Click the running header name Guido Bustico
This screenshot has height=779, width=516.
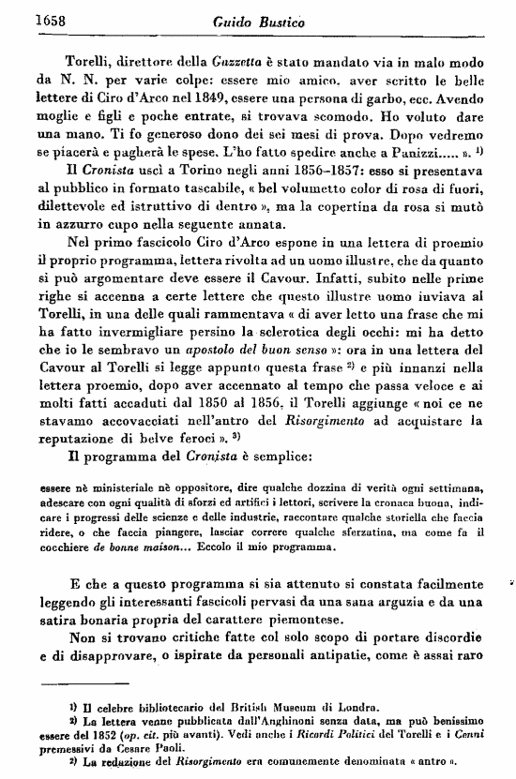(254, 19)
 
